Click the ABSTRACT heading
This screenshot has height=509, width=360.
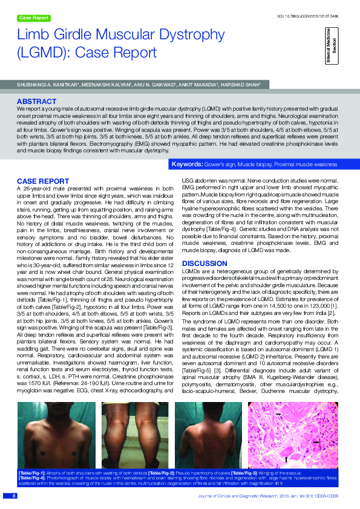[36, 102]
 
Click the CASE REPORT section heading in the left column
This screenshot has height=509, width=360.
[42, 181]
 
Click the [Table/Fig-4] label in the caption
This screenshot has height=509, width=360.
[30, 478]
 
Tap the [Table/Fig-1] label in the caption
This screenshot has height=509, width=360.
[30, 473]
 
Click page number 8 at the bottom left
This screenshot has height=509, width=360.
[13, 496]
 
